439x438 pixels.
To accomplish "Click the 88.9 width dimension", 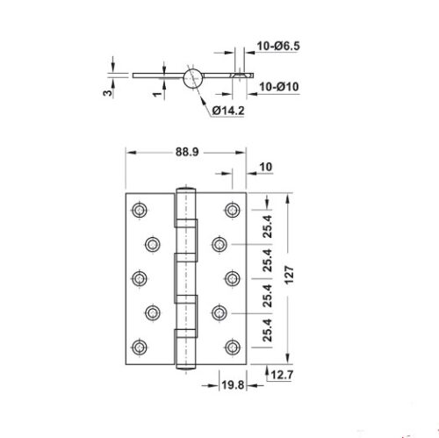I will coord(184,151).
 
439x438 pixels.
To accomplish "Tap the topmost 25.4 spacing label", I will coord(269,226).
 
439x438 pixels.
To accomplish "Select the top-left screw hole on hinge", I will coord(139,209).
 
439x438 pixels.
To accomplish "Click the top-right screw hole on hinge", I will coord(231,209).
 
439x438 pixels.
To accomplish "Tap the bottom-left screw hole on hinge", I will coord(139,344).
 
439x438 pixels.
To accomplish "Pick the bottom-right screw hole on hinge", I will coord(231,344).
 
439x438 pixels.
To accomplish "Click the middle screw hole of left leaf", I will coord(139,276).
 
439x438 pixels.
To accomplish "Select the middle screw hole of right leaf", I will coord(231,276).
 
